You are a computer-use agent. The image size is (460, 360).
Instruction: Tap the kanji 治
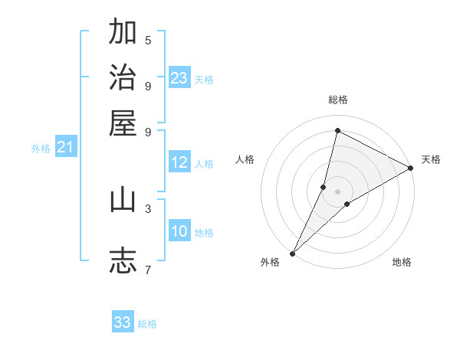pyautogui.click(x=123, y=78)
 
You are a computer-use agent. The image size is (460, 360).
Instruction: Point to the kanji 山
pyautogui.click(x=123, y=200)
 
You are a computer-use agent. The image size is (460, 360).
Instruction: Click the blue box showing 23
pyautogui.click(x=179, y=78)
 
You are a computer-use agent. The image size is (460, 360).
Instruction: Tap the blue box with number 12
pyautogui.click(x=179, y=162)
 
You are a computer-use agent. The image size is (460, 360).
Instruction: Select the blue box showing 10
pyautogui.click(x=179, y=231)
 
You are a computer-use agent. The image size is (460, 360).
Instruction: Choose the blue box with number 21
pyautogui.click(x=65, y=148)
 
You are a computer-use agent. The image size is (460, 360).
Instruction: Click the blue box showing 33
pyautogui.click(x=123, y=322)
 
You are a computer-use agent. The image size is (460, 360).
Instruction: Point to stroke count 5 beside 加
pyautogui.click(x=148, y=40)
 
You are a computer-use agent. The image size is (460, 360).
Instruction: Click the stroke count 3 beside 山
pyautogui.click(x=148, y=208)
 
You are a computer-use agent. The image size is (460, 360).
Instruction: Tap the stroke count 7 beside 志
pyautogui.click(x=148, y=269)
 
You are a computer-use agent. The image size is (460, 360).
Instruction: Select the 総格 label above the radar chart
pyautogui.click(x=337, y=100)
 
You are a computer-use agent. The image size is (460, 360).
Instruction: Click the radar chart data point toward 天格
pyautogui.click(x=411, y=169)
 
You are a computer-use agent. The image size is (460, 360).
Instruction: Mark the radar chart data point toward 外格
pyautogui.click(x=292, y=253)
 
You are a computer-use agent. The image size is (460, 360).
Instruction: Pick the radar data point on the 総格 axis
pyautogui.click(x=337, y=131)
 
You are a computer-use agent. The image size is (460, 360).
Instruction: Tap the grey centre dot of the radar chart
pyautogui.click(x=337, y=191)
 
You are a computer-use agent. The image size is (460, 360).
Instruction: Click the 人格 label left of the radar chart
pyautogui.click(x=245, y=159)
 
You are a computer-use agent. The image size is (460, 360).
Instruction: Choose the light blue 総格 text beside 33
pyautogui.click(x=147, y=324)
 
